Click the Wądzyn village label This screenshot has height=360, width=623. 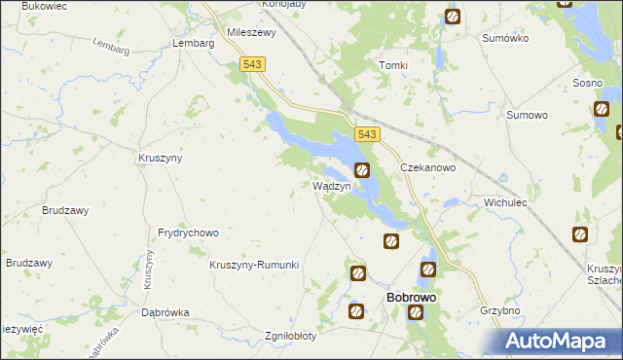pos(330,185)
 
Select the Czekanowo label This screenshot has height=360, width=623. pos(428,167)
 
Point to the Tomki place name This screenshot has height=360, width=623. pos(392,65)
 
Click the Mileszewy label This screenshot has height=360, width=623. pos(252,31)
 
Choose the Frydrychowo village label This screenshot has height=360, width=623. pos(188,234)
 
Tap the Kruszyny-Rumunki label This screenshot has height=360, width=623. pos(254,265)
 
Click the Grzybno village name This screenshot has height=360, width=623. pos(499,311)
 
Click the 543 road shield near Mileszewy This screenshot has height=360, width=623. pos(252,64)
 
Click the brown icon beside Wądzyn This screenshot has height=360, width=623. pos(362,171)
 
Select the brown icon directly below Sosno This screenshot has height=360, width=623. pos(600,108)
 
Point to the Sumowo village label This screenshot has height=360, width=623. pos(527,115)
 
